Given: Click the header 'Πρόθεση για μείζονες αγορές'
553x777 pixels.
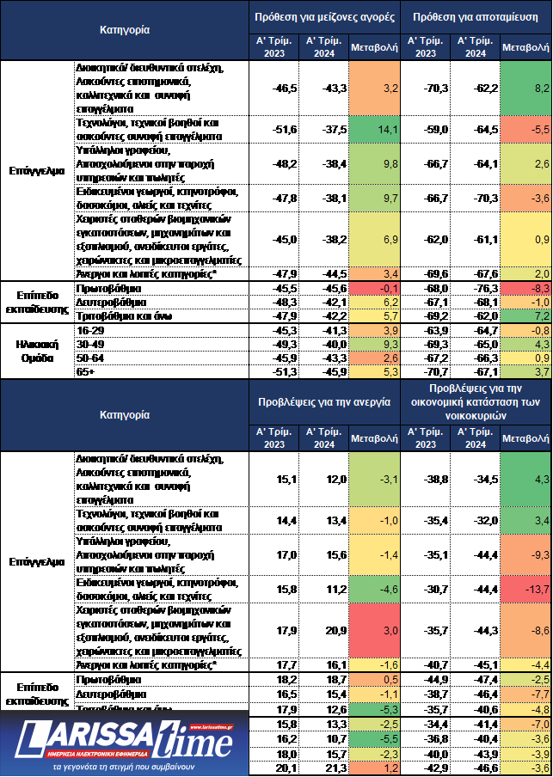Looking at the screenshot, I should click(326, 16).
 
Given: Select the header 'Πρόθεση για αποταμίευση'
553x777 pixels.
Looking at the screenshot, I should click(476, 16).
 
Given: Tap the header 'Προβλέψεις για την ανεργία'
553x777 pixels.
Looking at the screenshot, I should click(326, 401).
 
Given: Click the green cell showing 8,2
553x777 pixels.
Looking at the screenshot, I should click(525, 88).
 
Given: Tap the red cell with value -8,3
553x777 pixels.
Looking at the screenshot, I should click(525, 287).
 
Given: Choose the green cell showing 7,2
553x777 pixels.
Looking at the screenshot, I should click(525, 316).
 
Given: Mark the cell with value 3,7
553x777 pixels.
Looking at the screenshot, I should click(525, 371).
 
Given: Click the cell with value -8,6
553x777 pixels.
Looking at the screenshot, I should click(525, 631).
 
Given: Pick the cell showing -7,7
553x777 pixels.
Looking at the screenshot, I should click(525, 694).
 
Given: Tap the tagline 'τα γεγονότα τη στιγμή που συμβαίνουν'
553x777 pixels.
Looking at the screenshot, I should click(125, 765).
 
